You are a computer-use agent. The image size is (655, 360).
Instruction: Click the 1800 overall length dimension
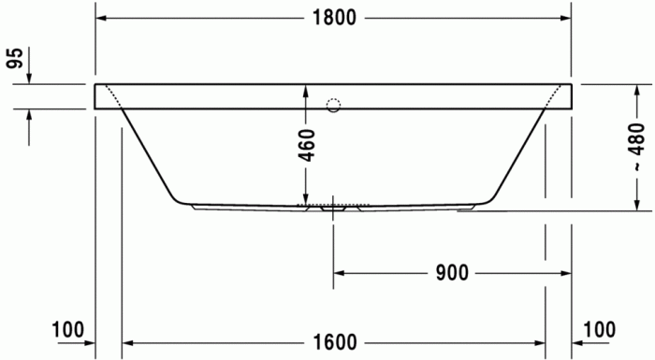(x=333, y=19)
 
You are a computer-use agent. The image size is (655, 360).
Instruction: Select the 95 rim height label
(x=14, y=59)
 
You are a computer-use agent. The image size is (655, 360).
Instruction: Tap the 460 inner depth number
(x=307, y=146)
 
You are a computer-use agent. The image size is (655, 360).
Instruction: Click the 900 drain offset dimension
(x=452, y=273)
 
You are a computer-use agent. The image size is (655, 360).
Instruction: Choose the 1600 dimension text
(x=335, y=342)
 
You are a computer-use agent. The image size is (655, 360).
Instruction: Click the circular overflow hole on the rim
(x=333, y=105)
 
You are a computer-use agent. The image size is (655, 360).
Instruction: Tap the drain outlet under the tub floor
(x=333, y=209)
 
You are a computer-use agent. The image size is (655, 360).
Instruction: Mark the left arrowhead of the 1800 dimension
(x=103, y=19)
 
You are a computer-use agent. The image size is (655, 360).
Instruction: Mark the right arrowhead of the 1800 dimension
(x=564, y=19)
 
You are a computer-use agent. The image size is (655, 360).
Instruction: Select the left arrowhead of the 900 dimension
(x=342, y=273)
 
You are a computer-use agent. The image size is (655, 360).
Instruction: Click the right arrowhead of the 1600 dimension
(x=539, y=342)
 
